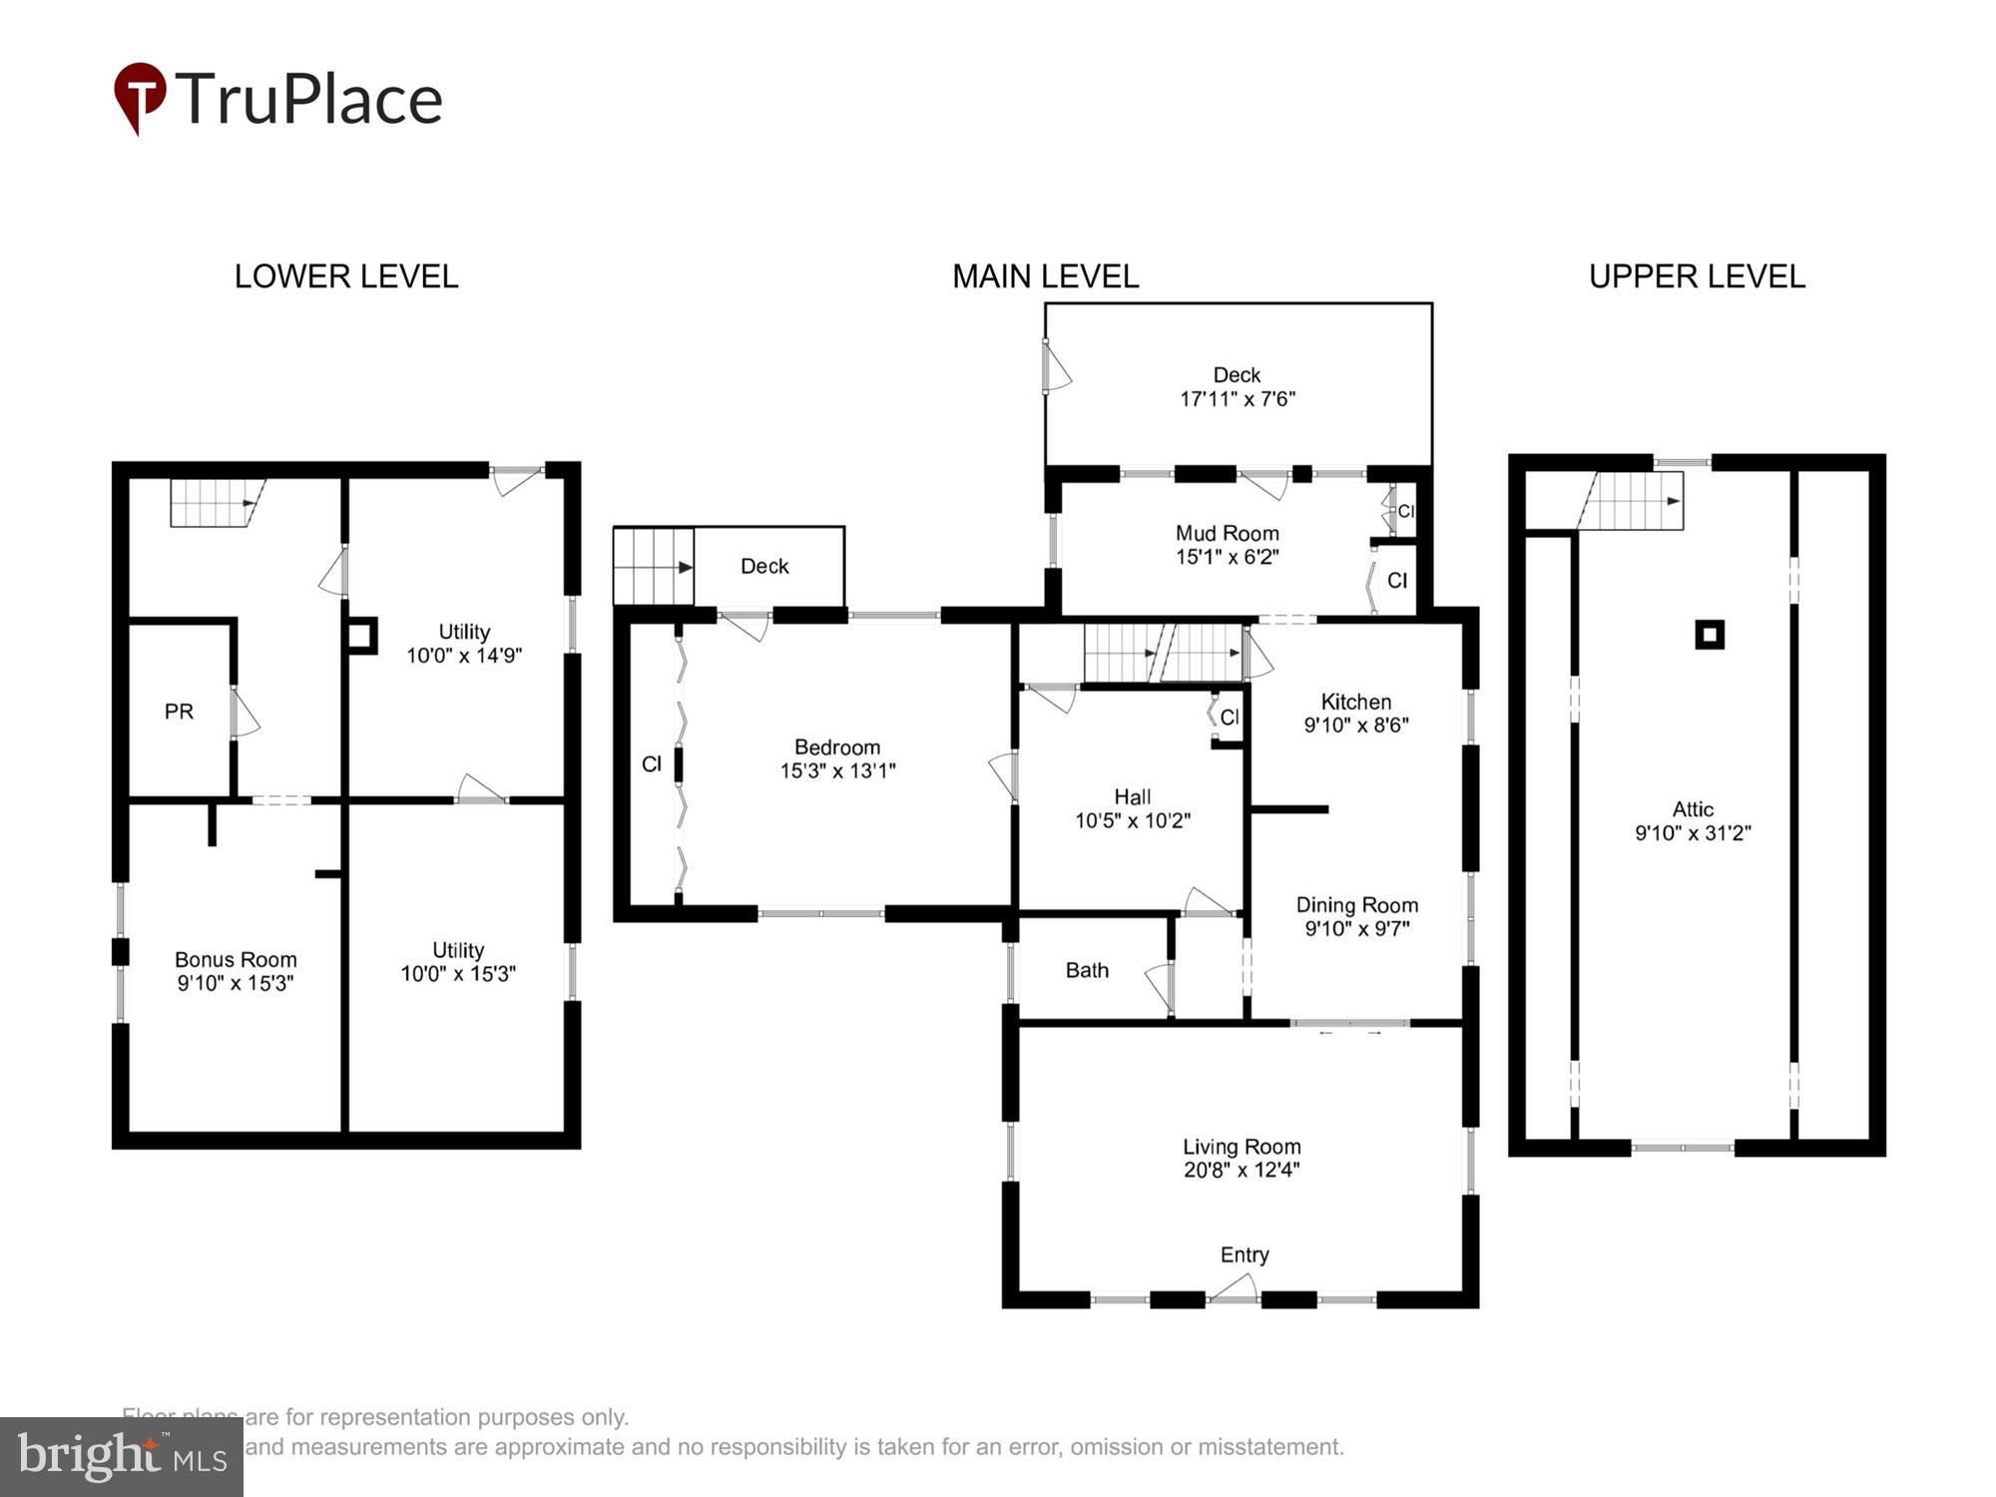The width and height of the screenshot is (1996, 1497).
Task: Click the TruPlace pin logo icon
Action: tap(140, 97)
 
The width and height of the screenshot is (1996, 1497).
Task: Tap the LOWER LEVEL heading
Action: tap(345, 276)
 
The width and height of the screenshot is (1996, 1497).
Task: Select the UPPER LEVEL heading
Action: tap(1697, 276)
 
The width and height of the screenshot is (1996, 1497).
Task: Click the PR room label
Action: tap(179, 712)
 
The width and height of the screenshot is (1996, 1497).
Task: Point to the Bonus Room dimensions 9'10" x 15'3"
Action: tap(236, 983)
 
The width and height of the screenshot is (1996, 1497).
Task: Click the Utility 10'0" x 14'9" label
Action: tap(464, 644)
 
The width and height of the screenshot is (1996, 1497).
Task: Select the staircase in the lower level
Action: tap(214, 503)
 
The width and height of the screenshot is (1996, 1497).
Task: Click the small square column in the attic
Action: tap(1710, 634)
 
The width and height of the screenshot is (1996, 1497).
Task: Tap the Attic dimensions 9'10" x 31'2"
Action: tap(1693, 832)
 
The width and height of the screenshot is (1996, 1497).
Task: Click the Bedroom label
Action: tap(836, 747)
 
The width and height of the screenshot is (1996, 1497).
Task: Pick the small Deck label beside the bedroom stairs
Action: tap(764, 566)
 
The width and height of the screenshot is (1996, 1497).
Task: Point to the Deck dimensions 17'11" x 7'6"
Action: tap(1237, 398)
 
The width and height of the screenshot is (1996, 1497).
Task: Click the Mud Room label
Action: tap(1227, 533)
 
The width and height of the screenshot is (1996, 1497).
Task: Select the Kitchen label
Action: tap(1355, 702)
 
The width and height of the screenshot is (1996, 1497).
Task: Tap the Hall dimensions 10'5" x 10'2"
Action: tap(1132, 820)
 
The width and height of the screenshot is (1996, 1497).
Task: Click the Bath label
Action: tap(1087, 970)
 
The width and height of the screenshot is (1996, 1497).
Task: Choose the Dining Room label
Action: tap(1356, 905)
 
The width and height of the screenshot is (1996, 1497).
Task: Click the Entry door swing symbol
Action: tap(1234, 1288)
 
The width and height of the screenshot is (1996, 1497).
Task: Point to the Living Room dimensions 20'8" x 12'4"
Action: tap(1242, 1170)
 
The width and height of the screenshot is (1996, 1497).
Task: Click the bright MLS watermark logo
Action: tap(121, 1457)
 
